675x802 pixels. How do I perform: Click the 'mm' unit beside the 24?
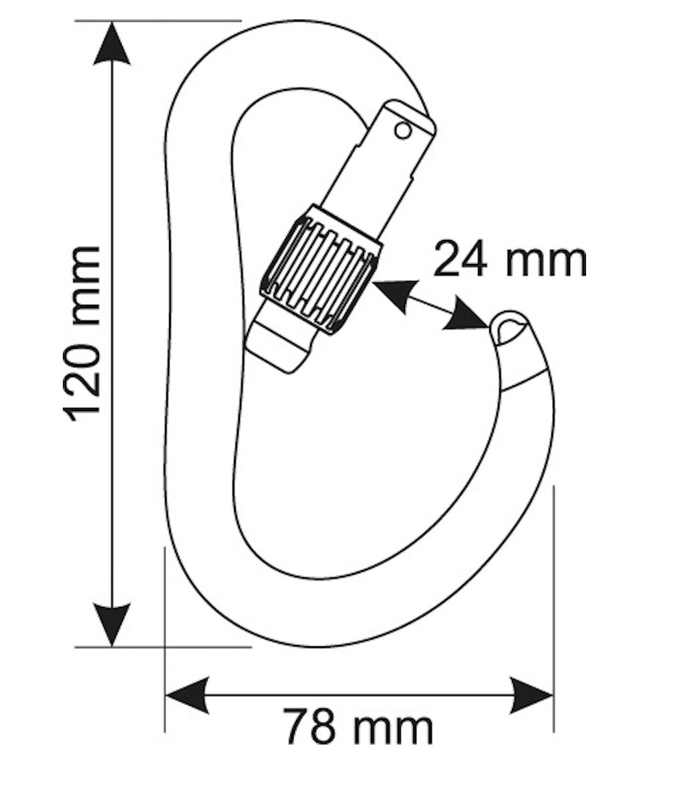pos(546,261)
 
